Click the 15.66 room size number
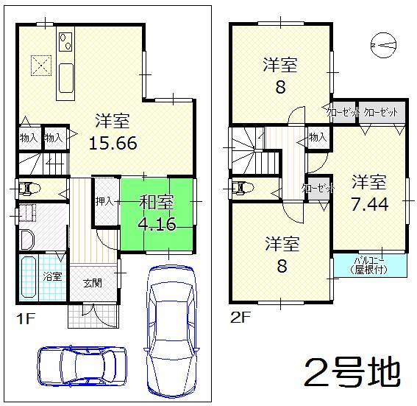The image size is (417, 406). (x=113, y=142)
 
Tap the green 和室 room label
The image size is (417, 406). (x=157, y=200)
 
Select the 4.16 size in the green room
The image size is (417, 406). (x=157, y=224)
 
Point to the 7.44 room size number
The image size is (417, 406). (x=369, y=204)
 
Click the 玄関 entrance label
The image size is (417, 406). (x=92, y=282)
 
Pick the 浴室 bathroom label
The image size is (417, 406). (x=52, y=276)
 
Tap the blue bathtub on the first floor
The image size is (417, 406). (x=29, y=279)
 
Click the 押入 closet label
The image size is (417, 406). (x=104, y=200)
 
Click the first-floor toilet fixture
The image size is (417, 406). (x=28, y=188)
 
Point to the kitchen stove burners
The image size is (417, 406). (x=64, y=40)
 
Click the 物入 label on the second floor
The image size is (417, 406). (x=318, y=137)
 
